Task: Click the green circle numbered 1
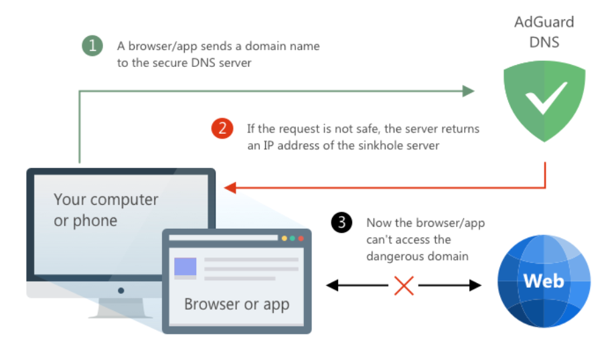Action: point(92,46)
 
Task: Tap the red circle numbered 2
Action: point(222,128)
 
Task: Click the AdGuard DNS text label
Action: point(544,31)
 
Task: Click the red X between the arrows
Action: point(404,286)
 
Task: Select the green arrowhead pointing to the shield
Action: point(468,91)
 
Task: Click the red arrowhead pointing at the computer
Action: point(230,188)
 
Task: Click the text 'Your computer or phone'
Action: point(106,209)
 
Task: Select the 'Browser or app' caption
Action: point(236,304)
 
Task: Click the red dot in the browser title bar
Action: point(301,238)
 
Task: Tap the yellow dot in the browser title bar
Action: point(284,238)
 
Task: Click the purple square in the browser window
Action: point(185,267)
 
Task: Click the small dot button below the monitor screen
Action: point(121,290)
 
